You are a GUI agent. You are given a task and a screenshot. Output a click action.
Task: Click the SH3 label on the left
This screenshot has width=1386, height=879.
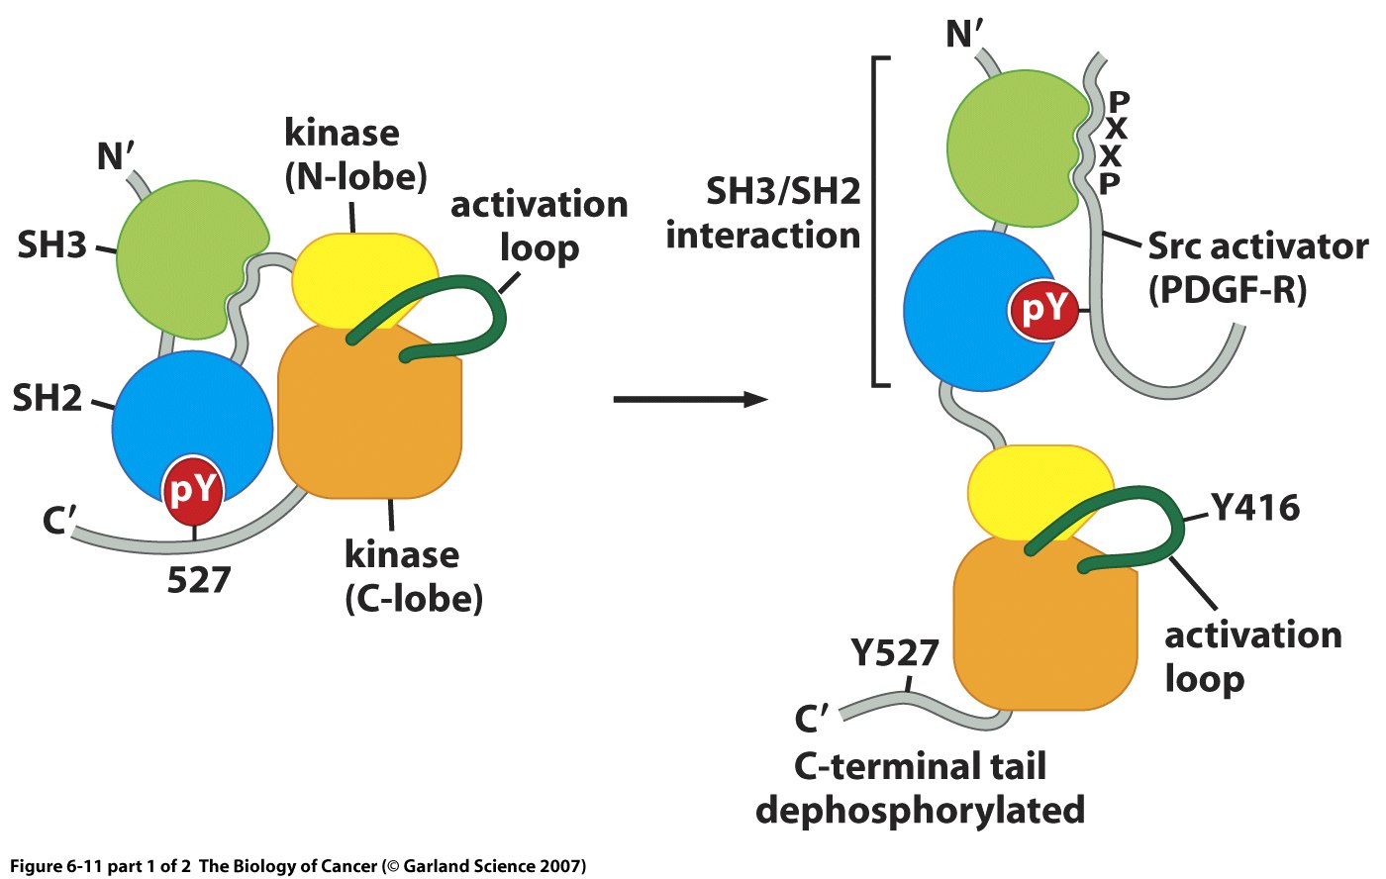pyautogui.click(x=51, y=244)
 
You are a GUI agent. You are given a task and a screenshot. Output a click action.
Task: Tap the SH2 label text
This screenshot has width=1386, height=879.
pyautogui.click(x=48, y=398)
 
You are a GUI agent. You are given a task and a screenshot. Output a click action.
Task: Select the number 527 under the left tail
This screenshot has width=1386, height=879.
pyautogui.click(x=198, y=580)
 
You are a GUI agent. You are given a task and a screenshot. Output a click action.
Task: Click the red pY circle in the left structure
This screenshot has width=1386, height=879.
pyautogui.click(x=194, y=490)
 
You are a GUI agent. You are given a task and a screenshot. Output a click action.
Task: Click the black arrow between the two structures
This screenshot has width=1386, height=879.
pyautogui.click(x=690, y=399)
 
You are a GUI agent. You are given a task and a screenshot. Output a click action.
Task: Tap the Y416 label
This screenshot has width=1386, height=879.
pyautogui.click(x=1255, y=508)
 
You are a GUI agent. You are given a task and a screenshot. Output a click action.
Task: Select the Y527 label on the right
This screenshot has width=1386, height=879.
pyautogui.click(x=894, y=653)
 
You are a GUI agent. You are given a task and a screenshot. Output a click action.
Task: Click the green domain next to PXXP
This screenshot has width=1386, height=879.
pyautogui.click(x=1010, y=148)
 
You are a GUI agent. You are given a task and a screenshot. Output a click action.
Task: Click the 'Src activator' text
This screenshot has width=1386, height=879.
pyautogui.click(x=1257, y=246)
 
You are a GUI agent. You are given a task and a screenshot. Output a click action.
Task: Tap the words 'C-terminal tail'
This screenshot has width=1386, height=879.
pyautogui.click(x=920, y=766)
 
